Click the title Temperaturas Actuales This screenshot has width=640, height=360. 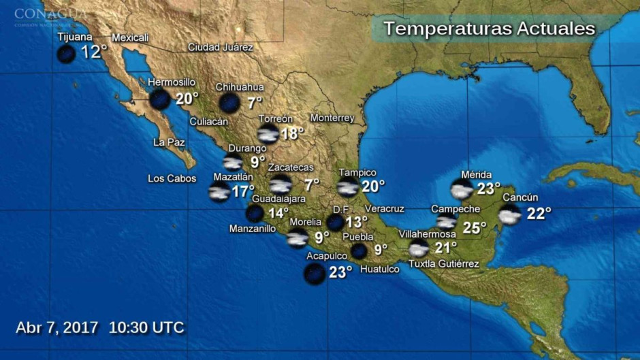(489, 29)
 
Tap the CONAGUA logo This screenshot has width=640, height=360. (50, 15)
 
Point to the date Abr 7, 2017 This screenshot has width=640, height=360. (57, 327)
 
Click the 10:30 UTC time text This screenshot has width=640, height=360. (146, 327)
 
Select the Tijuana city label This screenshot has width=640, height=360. (75, 37)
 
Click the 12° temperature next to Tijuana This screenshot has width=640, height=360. (94, 52)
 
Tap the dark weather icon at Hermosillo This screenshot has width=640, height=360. (160, 99)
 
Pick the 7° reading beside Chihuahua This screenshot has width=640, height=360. (255, 103)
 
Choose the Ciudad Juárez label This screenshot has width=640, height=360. (221, 48)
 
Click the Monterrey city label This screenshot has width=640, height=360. (332, 118)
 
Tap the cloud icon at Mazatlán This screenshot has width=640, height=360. (219, 192)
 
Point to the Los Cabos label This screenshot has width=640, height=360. (172, 179)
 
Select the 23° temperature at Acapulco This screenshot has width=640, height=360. (340, 272)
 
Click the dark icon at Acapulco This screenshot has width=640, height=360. (315, 274)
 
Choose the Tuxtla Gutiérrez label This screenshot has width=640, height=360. (443, 264)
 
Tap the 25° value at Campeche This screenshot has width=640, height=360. (474, 227)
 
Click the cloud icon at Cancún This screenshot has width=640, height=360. (509, 214)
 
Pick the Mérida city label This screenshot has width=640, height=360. (476, 175)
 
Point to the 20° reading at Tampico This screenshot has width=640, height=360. (373, 185)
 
